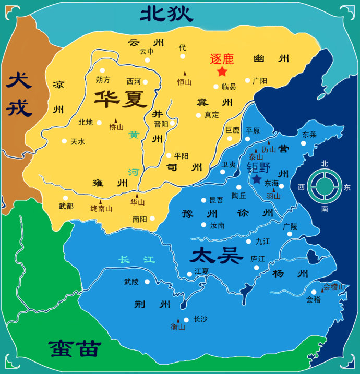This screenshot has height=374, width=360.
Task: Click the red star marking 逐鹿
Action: click(x=222, y=71)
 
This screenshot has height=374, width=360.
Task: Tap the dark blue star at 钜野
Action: click(x=257, y=179)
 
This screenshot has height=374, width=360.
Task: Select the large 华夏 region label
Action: click(x=121, y=98)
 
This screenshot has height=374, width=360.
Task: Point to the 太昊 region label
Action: click(x=217, y=256)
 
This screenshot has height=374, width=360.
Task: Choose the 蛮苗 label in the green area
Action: click(x=75, y=348)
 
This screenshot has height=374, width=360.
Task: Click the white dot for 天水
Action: click(x=64, y=141)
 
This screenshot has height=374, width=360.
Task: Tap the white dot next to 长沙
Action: click(x=186, y=319)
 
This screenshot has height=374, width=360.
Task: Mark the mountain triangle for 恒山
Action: click(x=184, y=74)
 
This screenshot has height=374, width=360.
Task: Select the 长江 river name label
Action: click(x=137, y=259)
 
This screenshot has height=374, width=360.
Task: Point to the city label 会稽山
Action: click(x=334, y=286)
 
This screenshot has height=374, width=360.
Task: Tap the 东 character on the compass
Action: click(x=347, y=187)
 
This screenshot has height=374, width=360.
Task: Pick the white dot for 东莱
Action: click(x=303, y=143)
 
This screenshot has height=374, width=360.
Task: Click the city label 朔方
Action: click(x=103, y=80)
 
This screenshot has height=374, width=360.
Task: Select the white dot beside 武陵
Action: click(x=147, y=282)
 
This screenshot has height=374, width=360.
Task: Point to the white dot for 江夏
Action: click(x=189, y=274)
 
